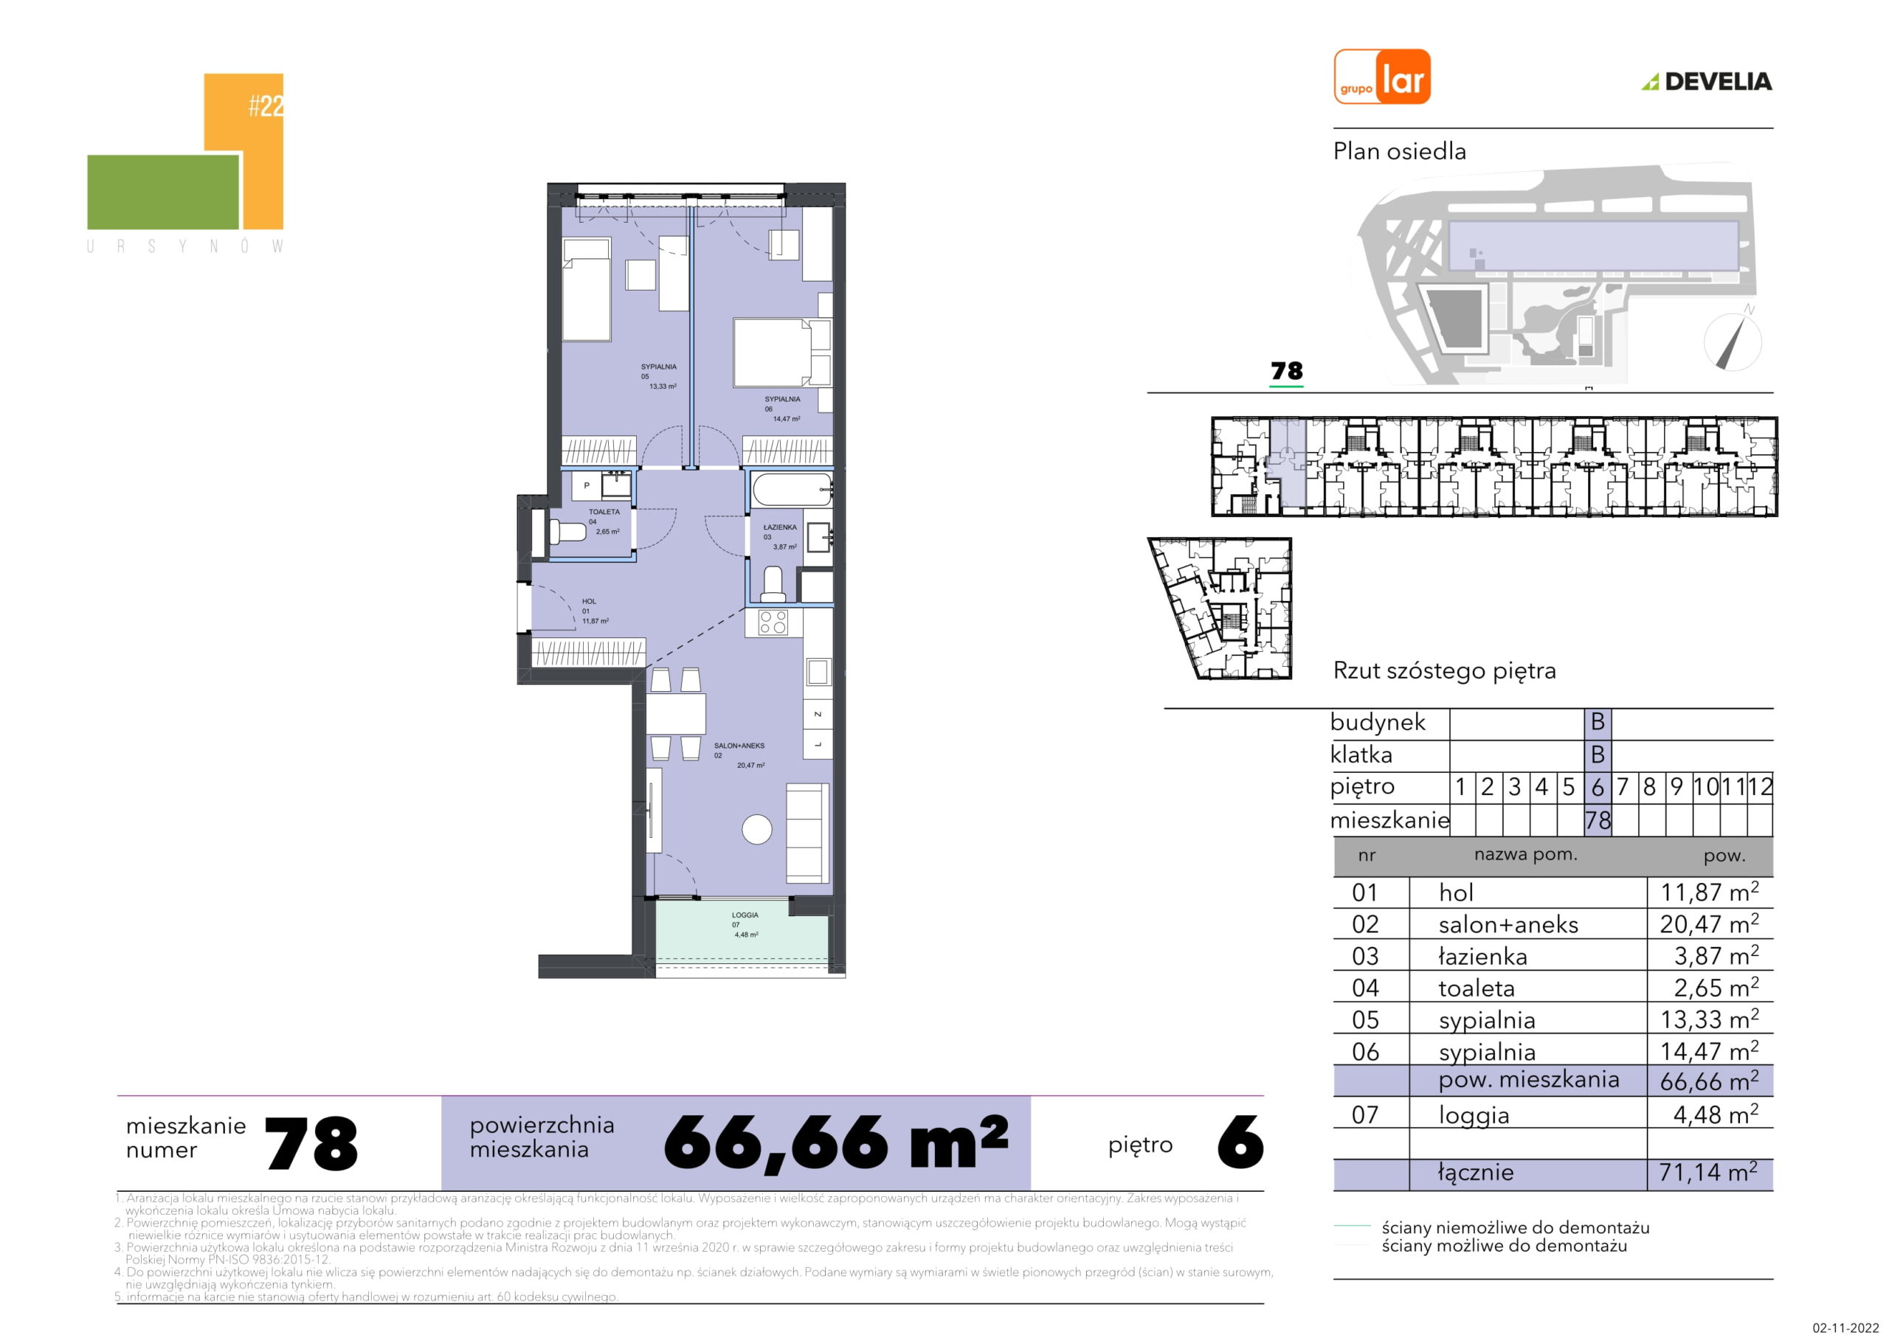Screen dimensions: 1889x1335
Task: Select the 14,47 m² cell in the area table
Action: tap(1709, 1051)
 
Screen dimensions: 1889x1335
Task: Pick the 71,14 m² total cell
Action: tap(1708, 1171)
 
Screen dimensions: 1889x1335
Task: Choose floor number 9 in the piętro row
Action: tap(1676, 787)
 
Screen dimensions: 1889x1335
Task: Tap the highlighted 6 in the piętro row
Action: tap(1597, 787)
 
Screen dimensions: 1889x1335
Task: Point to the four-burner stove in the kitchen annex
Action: tap(773, 623)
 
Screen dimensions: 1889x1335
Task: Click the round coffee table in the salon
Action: tap(757, 829)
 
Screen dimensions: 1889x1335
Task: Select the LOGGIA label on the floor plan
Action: tap(745, 915)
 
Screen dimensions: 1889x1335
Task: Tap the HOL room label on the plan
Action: tap(589, 601)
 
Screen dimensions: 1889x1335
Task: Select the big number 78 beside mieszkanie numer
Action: tap(312, 1143)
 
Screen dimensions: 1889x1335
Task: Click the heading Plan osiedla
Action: tap(1400, 151)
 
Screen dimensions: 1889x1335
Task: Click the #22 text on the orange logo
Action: tap(266, 106)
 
